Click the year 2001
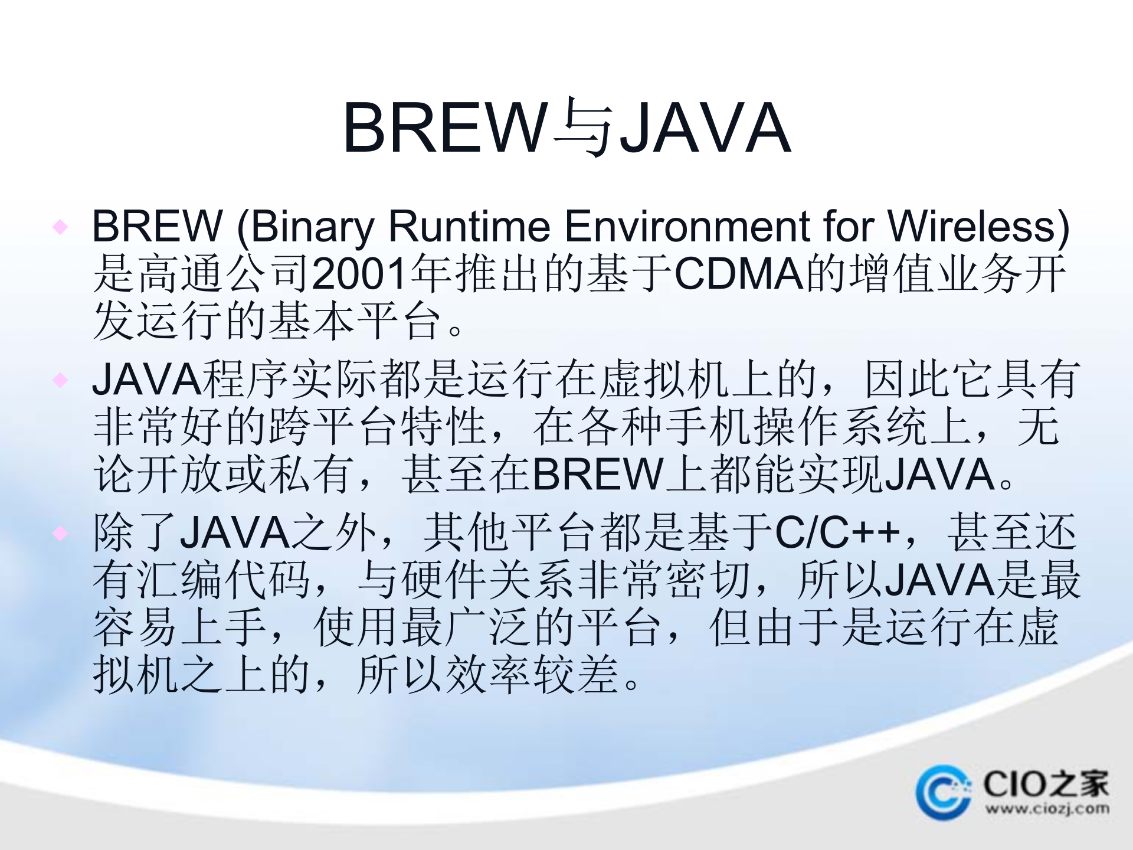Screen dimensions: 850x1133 click(x=359, y=274)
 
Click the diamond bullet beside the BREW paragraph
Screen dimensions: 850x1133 click(x=60, y=227)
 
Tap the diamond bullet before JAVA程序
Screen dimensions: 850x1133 click(x=60, y=380)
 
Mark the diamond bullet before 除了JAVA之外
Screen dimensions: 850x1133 click(x=60, y=534)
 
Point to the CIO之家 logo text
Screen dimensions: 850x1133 click(x=1045, y=784)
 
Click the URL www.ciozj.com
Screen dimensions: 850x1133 click(x=1047, y=809)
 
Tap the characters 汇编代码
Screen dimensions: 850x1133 click(x=224, y=580)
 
